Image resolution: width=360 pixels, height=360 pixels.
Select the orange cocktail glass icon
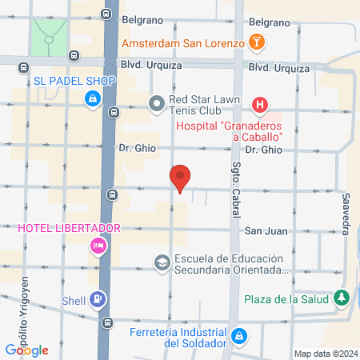pyautogui.click(x=258, y=42)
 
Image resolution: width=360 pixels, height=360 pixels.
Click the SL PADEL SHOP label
pyautogui.click(x=75, y=82)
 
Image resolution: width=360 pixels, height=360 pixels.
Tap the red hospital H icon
pyautogui.click(x=260, y=104)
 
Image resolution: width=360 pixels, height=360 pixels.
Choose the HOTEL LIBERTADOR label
pyautogui.click(x=69, y=228)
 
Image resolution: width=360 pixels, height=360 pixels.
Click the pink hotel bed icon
pyautogui.click(x=99, y=246)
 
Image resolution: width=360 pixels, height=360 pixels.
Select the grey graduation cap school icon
pyautogui.click(x=162, y=262)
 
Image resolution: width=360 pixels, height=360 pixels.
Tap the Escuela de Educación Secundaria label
pyautogui.click(x=229, y=264)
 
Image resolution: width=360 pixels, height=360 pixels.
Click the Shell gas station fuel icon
pyautogui.click(x=97, y=300)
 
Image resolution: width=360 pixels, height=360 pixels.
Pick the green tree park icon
pyautogui.click(x=342, y=298)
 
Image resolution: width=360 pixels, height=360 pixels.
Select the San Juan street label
pyautogui.click(x=264, y=231)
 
